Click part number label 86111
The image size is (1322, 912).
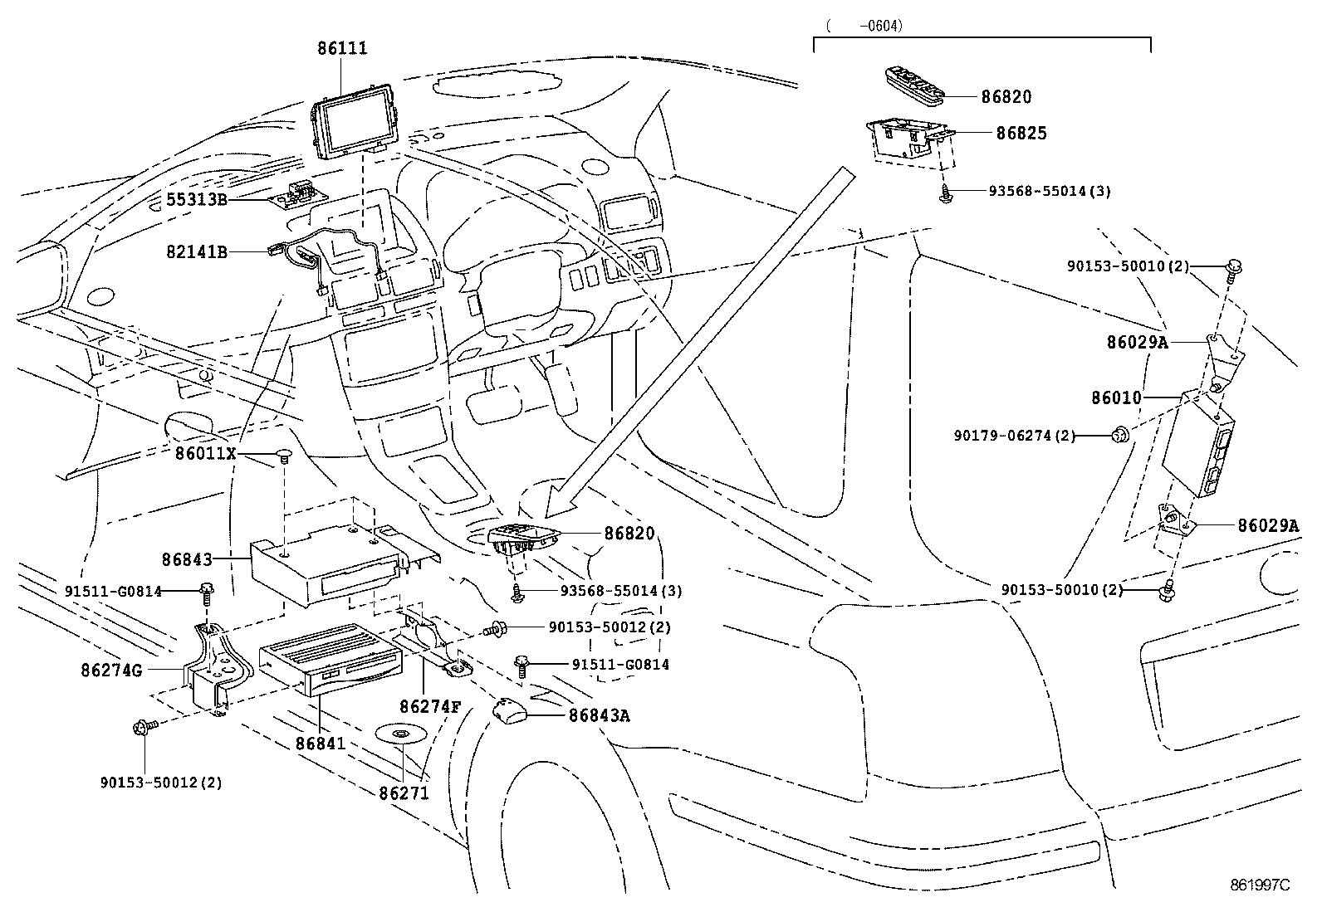pyautogui.click(x=341, y=48)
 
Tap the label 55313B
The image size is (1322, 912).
pyautogui.click(x=197, y=200)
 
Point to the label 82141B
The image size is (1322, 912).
pyautogui.click(x=197, y=252)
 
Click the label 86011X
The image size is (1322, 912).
pyautogui.click(x=206, y=454)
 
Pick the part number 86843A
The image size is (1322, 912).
pyautogui.click(x=599, y=715)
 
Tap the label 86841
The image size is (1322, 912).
pyautogui.click(x=321, y=744)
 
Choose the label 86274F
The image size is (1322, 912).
pyautogui.click(x=429, y=707)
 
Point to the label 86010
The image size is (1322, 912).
pyautogui.click(x=1116, y=398)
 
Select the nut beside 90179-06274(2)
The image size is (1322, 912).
pyautogui.click(x=1120, y=433)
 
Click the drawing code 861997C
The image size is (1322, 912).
pyautogui.click(x=1260, y=885)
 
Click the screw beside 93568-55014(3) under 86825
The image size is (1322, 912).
pyautogui.click(x=946, y=196)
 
